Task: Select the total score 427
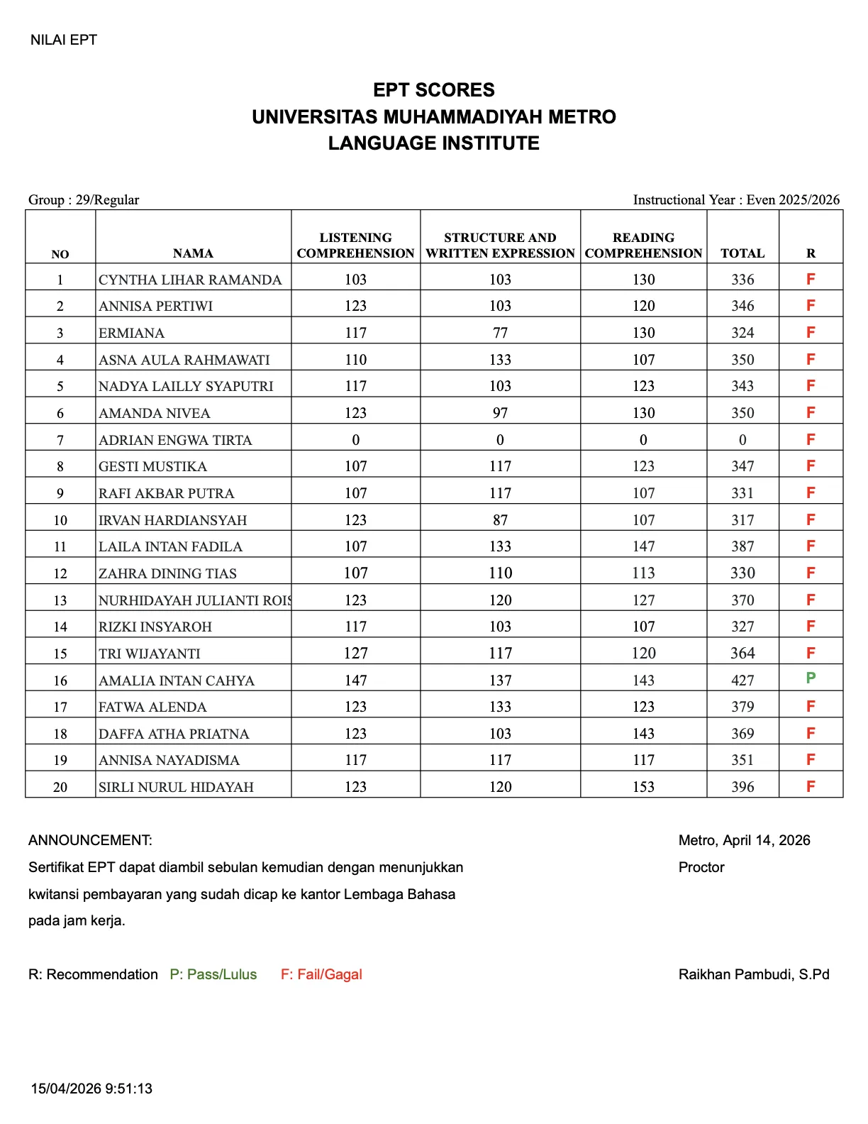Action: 742,681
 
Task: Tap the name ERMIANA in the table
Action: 131,333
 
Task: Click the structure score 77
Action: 500,333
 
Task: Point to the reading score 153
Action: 643,787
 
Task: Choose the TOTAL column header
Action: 742,253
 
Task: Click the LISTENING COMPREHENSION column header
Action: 355,246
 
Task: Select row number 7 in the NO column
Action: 60,440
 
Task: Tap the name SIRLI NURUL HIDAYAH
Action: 176,787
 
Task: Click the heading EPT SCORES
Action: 434,90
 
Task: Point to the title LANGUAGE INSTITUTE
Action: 434,143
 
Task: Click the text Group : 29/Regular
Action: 84,200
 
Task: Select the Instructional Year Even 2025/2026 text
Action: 736,200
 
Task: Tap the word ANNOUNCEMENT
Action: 90,840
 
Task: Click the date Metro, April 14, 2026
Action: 744,840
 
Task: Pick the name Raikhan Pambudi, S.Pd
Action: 753,974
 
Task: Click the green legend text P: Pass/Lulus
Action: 213,974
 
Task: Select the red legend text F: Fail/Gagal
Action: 321,974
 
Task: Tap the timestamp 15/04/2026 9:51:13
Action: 91,1089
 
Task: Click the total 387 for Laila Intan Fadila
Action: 742,546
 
